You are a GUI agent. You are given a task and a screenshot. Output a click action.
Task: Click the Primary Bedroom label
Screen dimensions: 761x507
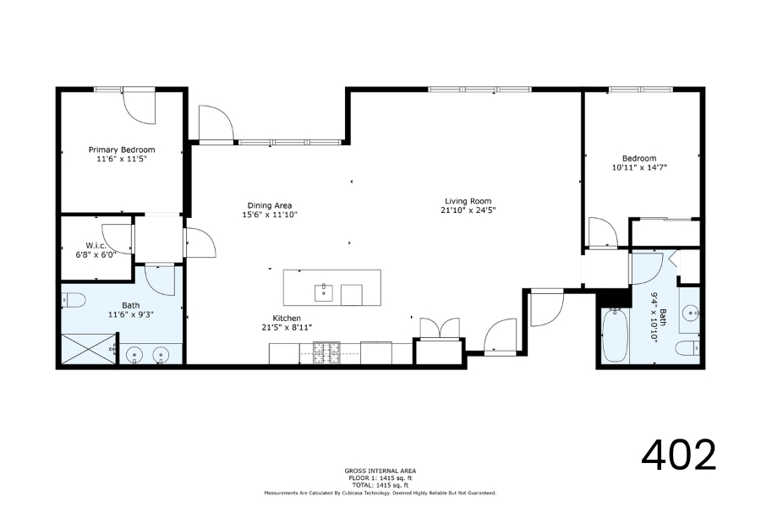coord(122,150)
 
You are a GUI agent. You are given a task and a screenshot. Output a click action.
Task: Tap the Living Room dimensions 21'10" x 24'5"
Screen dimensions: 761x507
coord(468,210)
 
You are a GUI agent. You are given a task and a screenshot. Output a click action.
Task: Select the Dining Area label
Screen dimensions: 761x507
coord(270,205)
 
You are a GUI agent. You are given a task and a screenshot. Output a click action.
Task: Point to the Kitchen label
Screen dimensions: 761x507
coord(287,319)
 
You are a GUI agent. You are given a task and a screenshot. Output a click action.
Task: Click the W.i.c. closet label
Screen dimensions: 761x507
coord(96,246)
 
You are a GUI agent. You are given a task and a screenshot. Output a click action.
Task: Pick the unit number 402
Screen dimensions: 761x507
coord(678,455)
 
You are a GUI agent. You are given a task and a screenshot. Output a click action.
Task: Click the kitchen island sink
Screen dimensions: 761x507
coord(324,292)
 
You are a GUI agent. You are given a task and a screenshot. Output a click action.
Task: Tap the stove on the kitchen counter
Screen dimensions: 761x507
coord(326,353)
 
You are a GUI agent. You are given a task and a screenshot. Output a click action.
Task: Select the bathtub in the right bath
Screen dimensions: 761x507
coord(616,335)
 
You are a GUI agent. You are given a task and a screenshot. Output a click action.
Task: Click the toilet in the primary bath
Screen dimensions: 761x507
coord(74,300)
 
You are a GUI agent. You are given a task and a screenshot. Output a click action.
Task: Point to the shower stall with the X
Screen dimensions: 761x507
coord(89,348)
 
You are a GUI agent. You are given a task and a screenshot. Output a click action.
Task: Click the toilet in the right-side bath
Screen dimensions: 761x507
coord(688,348)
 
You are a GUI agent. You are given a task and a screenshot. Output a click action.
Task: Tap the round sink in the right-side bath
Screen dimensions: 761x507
coord(690,313)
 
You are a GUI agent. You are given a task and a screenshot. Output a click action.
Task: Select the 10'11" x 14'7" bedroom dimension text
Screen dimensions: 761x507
coord(640,168)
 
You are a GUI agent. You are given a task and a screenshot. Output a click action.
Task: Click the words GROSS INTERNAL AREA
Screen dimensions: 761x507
coord(380,471)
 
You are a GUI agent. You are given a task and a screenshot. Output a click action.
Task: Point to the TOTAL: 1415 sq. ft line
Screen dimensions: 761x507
coord(380,485)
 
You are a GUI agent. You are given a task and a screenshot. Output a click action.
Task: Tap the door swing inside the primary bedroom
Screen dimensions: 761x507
coord(139,107)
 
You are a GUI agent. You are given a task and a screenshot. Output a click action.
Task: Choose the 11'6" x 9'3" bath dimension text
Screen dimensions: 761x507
coord(131,314)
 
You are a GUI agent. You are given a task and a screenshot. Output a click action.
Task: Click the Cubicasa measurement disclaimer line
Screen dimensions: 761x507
coord(380,493)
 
